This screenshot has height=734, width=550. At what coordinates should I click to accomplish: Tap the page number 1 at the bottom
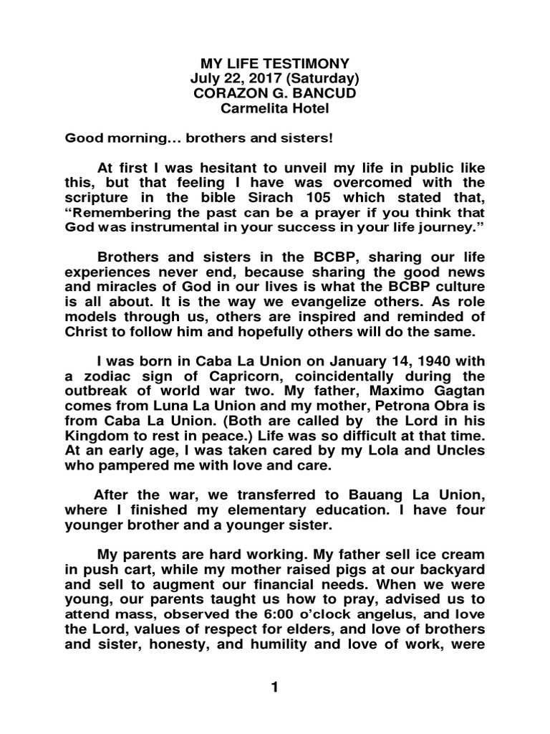(x=274, y=687)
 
